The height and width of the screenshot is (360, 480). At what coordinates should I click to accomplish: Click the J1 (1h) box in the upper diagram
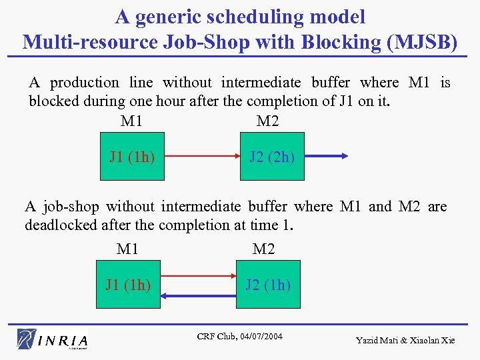(132, 157)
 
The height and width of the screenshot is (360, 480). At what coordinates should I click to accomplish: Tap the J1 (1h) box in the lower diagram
(128, 285)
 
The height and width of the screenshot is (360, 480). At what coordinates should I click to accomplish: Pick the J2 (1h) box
(268, 285)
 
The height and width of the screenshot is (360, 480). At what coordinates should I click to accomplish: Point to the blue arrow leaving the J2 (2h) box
(326, 157)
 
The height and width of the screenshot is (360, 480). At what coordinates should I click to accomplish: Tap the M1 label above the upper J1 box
(131, 121)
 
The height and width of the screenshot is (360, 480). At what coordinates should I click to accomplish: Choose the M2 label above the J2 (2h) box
(268, 121)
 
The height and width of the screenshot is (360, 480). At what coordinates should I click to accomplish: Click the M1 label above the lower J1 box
(127, 249)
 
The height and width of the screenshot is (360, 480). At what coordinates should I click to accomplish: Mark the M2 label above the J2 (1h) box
(264, 249)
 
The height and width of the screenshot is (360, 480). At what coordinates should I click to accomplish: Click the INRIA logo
(53, 339)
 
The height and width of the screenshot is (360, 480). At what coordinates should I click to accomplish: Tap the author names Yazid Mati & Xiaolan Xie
(405, 341)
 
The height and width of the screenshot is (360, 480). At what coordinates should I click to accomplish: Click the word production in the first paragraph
(85, 83)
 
